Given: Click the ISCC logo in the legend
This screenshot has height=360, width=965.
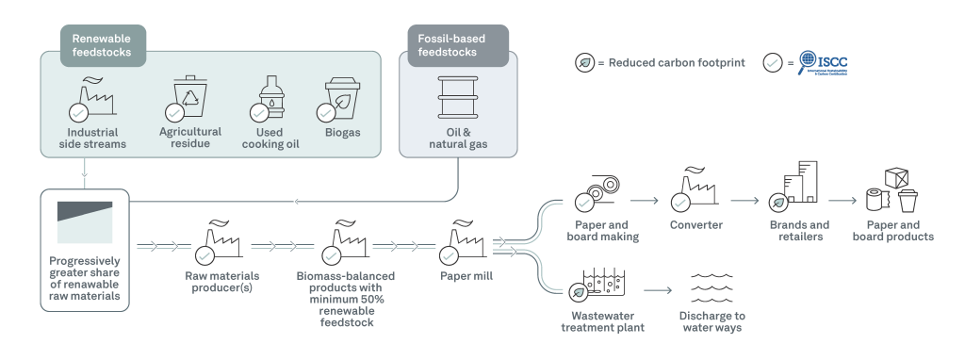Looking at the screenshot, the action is point(823,63).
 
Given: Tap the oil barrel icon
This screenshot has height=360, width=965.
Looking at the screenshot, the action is point(458,97).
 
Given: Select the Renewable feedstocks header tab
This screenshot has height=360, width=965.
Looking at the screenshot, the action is point(103,45).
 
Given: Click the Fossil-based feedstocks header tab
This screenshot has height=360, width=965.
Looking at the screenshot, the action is point(458,45).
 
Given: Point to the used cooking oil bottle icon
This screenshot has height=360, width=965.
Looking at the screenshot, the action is point(270,97).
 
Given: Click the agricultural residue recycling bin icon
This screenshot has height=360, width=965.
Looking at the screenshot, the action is point(189,97).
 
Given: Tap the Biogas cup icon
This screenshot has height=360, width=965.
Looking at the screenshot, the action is point(342,97).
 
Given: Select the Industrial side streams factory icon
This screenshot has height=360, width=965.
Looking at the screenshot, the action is point(93,98).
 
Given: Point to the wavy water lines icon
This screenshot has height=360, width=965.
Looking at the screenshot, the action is point(711,288).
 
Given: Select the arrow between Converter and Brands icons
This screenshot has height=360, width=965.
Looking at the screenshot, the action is point(745,201).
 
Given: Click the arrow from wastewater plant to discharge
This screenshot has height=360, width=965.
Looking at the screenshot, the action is point(658,290).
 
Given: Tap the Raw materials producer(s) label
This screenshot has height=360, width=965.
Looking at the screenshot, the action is point(222,282).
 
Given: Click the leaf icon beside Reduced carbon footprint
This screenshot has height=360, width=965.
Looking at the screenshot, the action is point(584,63).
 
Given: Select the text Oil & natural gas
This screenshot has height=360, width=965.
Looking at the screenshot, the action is point(458,139).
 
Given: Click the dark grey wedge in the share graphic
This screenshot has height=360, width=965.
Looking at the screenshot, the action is point(85,210).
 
